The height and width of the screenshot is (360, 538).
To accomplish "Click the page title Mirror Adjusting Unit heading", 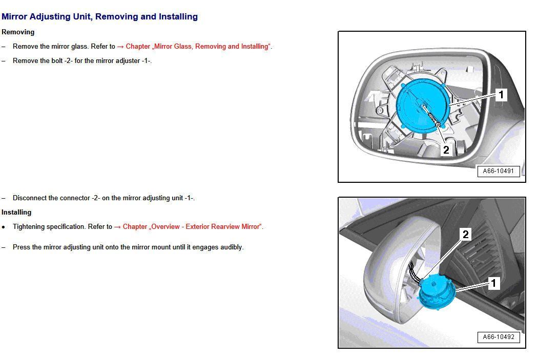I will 99,16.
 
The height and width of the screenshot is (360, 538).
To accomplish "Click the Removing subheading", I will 18,32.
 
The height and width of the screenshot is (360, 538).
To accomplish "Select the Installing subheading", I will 16,212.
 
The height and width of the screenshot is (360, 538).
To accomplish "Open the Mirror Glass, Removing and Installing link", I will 197,46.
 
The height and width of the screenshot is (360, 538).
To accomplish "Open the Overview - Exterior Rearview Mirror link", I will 192,226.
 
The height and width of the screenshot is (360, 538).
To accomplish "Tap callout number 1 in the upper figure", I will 501,94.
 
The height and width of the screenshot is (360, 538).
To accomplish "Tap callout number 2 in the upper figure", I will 446,150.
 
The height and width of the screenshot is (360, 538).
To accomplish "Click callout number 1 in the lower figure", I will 493,283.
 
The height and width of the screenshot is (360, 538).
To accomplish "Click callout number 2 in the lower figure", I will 465,235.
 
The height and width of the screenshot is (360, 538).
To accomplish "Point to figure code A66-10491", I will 498,171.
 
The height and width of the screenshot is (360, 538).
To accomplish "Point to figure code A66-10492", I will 498,336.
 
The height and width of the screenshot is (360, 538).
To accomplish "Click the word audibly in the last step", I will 232,247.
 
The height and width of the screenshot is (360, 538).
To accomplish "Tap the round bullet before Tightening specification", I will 4,227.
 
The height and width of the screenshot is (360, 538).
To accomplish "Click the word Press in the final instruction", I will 22,247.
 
